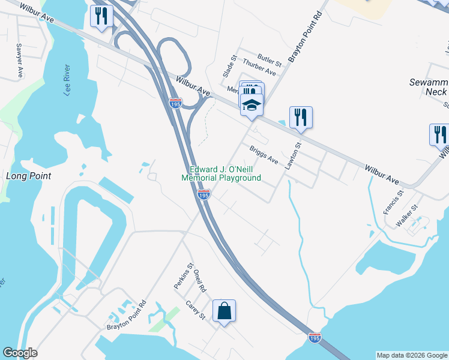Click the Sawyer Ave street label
20,61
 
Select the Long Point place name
28,176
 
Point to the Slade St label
227,68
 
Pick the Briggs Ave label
264,156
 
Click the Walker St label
406,215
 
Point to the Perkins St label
182,276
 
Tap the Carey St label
196,310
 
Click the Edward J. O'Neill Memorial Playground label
221,173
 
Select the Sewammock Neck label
427,87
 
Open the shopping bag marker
224,311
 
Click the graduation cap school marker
252,105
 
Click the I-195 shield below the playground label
203,195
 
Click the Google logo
20,353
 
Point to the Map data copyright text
412,355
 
